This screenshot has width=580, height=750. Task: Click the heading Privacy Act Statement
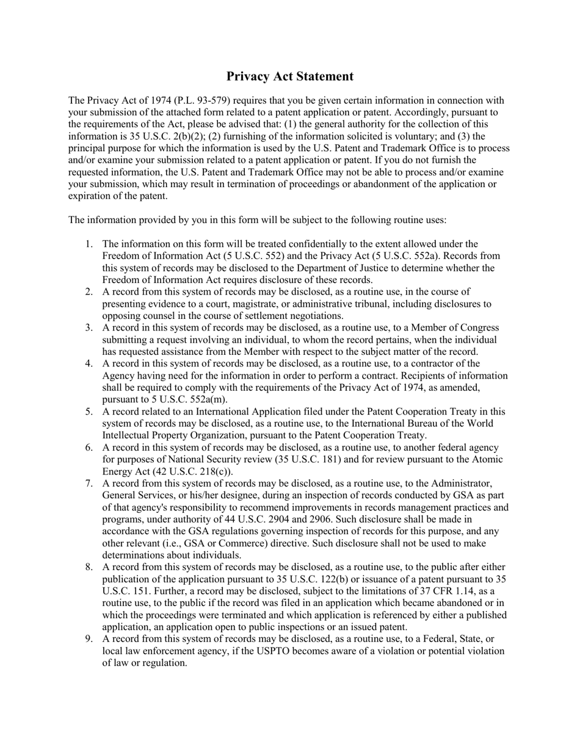pyautogui.click(x=289, y=76)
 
